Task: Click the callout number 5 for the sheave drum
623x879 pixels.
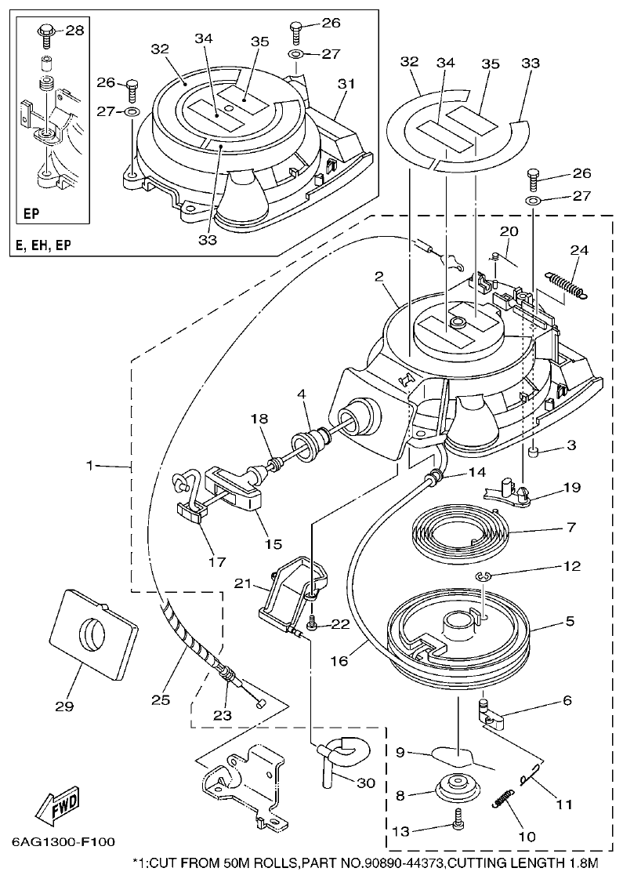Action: [x=569, y=621]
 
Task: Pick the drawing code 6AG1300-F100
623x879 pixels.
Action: [x=63, y=842]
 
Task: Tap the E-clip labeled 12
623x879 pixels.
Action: [x=484, y=579]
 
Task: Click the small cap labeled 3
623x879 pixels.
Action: [x=534, y=453]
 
